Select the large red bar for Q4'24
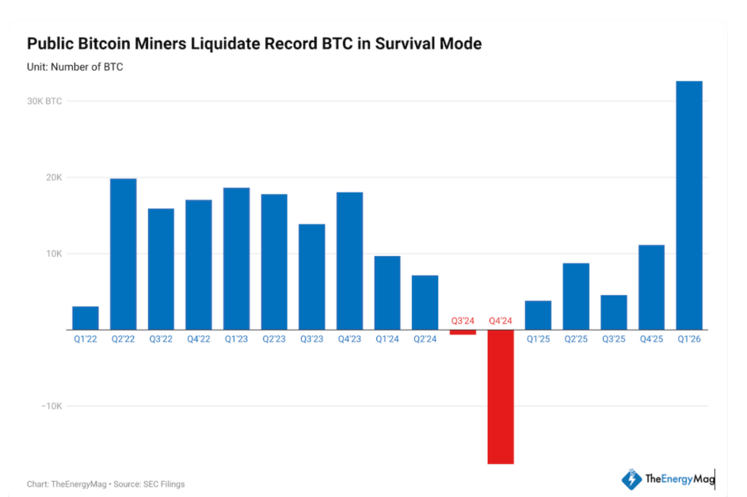pos(500,396)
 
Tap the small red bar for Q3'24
pos(463,332)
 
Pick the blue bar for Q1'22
pos(86,318)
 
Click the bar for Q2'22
pos(123,254)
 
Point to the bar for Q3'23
pos(311,277)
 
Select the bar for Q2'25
pos(576,296)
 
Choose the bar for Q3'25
pos(613,312)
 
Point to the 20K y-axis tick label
pos(53,178)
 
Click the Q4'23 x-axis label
pos(349,338)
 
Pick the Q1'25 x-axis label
pos(538,338)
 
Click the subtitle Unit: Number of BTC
pos(74,67)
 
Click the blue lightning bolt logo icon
pos(631,479)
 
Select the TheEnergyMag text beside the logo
pos(679,479)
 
